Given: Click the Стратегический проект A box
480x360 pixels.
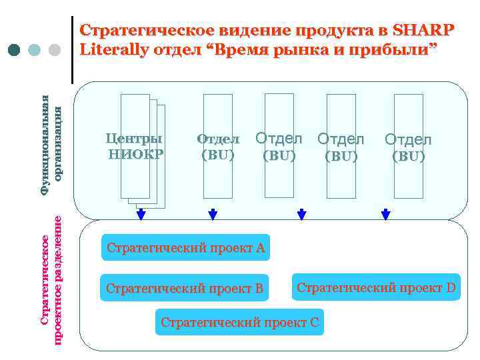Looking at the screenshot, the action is [186, 249].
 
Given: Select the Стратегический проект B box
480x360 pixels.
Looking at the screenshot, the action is [184, 289].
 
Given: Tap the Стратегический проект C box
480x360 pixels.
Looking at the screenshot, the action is [239, 323].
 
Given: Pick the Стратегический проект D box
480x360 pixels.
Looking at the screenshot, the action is [376, 288].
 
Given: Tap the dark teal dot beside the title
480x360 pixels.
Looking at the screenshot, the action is [15, 50].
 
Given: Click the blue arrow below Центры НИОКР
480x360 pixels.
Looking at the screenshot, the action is [141, 215].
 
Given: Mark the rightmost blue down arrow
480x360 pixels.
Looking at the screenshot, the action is [385, 215].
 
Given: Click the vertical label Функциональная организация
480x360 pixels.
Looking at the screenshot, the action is [51, 145].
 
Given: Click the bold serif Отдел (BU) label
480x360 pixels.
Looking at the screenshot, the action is [217, 147].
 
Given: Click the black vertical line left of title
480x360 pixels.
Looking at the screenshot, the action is [72, 49].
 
